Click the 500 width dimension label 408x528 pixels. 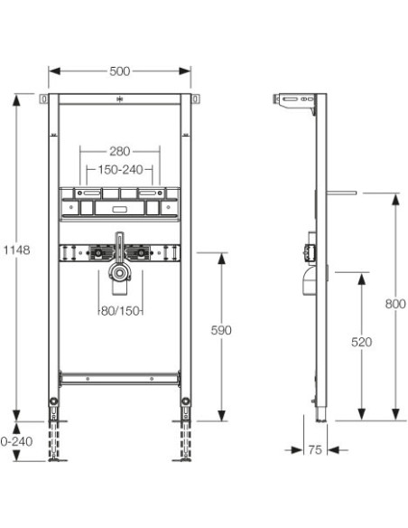[x=120, y=71]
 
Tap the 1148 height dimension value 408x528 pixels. [x=17, y=250]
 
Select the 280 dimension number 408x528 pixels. [x=120, y=151]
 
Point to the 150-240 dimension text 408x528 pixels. [x=120, y=170]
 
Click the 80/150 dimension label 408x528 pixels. [x=120, y=311]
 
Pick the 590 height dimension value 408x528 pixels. [x=221, y=330]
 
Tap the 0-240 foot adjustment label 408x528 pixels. [x=17, y=441]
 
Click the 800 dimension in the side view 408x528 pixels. [x=395, y=304]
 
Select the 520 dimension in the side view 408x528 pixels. [x=362, y=342]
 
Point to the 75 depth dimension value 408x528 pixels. [x=315, y=450]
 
